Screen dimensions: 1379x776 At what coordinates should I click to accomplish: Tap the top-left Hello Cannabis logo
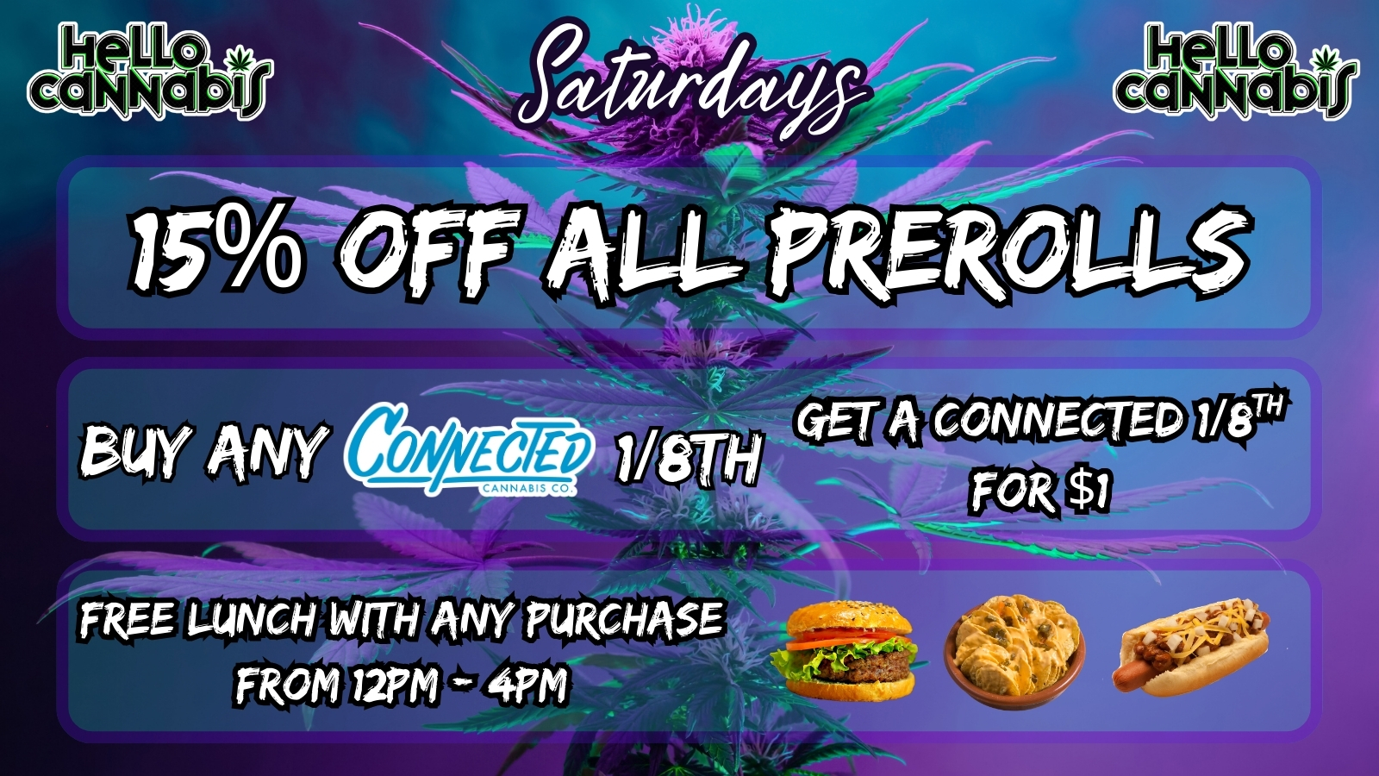click(149, 71)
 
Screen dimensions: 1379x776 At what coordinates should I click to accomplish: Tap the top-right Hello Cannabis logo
click(1236, 71)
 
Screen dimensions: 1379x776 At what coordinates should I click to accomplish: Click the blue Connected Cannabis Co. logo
click(469, 449)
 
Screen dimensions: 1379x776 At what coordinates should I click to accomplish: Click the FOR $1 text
click(1041, 492)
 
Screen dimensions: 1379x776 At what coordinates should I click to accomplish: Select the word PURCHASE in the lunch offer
click(624, 618)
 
